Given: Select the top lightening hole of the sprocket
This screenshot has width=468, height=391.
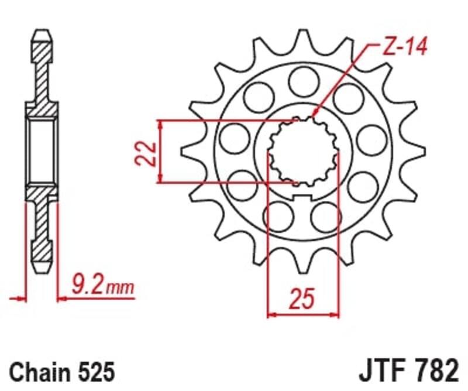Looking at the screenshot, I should tap(303, 78).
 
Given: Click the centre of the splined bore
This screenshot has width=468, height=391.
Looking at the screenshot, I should tap(302, 153).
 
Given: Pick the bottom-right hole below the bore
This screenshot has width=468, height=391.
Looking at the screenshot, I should tap(326, 217).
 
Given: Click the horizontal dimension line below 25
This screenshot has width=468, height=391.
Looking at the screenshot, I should tap(303, 315).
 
